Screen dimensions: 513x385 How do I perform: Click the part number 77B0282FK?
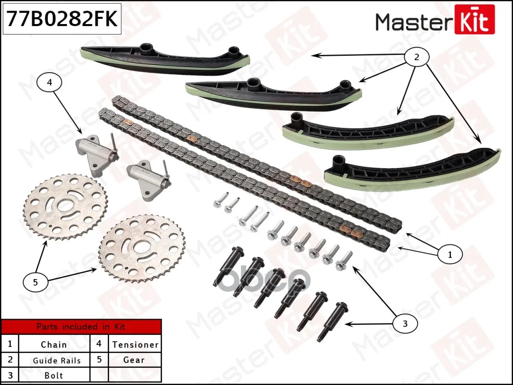61,19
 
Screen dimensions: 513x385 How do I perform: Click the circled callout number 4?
49,83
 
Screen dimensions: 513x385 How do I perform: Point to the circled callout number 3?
405,323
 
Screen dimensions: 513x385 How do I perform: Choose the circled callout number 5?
35,282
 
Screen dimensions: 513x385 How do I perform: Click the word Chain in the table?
54,345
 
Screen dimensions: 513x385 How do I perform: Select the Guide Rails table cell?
57,360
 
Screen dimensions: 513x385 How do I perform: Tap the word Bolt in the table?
54,375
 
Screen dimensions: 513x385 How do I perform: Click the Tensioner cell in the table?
135,345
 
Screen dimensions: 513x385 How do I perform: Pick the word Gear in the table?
134,360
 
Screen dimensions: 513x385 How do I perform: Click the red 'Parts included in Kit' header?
81,327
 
